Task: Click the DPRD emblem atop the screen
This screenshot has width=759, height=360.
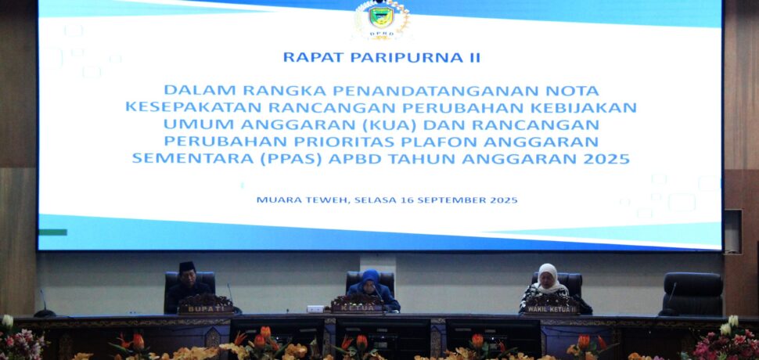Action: point(381,19)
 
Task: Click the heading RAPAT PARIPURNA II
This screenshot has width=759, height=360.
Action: point(381,58)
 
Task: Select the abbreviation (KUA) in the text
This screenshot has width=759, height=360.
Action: point(391,124)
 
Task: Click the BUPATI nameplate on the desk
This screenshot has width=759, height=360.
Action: point(206,308)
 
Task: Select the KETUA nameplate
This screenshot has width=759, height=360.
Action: point(358,308)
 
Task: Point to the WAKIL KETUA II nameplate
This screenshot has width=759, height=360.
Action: point(551,309)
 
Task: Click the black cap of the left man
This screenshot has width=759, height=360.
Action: point(187,266)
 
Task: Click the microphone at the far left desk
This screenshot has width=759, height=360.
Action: point(44,305)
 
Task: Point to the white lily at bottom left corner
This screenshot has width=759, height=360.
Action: point(7,322)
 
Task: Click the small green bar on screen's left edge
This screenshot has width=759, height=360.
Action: point(52,232)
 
